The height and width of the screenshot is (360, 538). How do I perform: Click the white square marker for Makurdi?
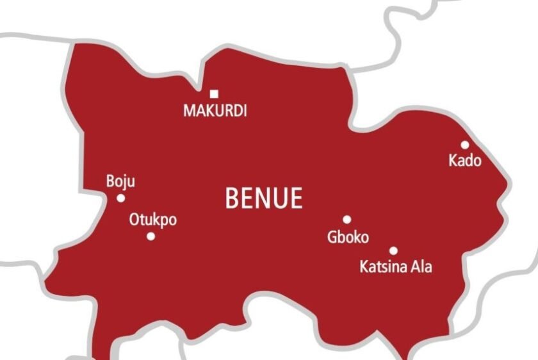click(214, 94)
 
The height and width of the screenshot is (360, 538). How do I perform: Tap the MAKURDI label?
click(215, 111)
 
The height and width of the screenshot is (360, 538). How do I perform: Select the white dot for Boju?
click(120, 198)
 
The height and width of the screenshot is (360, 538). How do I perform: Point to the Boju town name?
click(120, 182)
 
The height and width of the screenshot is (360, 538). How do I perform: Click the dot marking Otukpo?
click(151, 236)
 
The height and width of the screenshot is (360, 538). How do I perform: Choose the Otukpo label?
click(153, 220)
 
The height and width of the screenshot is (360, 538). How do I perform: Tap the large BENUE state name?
click(263, 199)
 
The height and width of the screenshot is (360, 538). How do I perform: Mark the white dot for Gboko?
click(346, 219)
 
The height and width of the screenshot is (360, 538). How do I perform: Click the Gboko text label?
click(348, 237)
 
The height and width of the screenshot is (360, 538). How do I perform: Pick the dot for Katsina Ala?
click(393, 250)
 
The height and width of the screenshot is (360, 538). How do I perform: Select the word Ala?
click(421, 266)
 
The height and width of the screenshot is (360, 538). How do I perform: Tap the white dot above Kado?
click(464, 145)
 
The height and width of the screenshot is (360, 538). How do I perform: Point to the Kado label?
click(465, 161)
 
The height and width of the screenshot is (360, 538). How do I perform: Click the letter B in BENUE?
click(232, 199)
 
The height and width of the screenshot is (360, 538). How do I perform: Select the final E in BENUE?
click(295, 199)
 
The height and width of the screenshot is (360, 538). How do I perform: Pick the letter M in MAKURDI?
click(190, 111)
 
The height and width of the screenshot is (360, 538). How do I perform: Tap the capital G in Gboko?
click(332, 237)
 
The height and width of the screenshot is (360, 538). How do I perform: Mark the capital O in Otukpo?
click(134, 220)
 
